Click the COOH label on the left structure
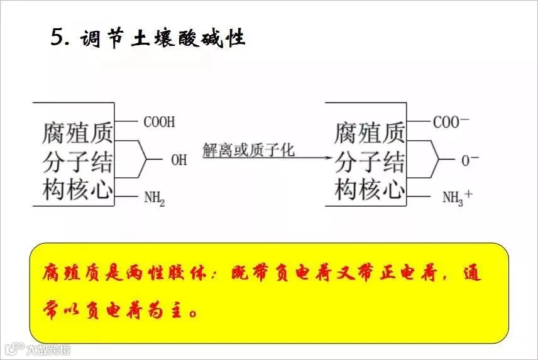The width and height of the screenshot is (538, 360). point(159,122)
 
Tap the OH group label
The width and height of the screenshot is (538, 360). point(179,160)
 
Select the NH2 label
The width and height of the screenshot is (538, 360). point(155,198)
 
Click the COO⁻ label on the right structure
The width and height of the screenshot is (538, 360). point(450,122)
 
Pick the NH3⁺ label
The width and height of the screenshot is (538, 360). point(457,198)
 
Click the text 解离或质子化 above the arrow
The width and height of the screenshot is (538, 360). point(249,151)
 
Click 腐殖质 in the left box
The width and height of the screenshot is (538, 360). point(77,133)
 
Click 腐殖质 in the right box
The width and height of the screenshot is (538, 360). point(369,133)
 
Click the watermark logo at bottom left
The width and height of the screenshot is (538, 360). point(14,348)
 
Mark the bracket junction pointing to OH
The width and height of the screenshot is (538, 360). point(146,160)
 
